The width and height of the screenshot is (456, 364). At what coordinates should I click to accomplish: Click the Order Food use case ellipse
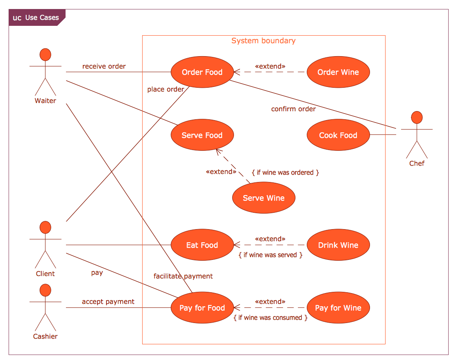coord(202,72)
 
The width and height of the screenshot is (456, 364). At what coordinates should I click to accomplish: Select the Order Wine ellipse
coord(338,72)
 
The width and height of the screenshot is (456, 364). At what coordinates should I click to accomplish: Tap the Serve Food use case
coord(202,135)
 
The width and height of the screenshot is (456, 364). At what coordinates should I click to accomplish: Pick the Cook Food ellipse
coord(338,135)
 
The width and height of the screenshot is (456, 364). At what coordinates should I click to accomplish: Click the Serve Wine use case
coord(263,198)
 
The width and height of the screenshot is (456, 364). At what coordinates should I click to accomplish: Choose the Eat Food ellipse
coord(202,245)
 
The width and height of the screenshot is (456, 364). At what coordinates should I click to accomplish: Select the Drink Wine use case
coord(338,245)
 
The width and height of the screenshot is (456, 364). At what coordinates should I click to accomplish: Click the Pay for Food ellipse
coord(202,308)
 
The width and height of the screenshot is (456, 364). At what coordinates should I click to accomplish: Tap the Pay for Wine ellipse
coord(338,308)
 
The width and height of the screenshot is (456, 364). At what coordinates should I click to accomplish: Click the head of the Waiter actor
coord(45,55)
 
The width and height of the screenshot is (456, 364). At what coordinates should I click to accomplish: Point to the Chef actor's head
coord(417,117)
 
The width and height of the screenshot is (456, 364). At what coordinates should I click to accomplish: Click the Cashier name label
coord(45,337)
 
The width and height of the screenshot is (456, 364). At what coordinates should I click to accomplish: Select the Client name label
coord(45,274)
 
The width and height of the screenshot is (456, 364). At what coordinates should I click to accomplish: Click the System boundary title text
coord(263,41)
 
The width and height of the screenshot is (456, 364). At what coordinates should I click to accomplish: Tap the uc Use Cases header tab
coord(36,18)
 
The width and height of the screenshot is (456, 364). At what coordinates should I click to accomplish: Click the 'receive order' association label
coord(104,66)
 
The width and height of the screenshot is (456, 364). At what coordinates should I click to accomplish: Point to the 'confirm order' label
coord(293,109)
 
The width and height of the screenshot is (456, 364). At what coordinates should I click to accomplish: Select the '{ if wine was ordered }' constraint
coord(285,173)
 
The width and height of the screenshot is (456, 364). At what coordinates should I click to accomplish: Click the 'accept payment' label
coord(108,302)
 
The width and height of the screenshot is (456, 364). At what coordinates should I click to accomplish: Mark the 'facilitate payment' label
coord(183,276)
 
